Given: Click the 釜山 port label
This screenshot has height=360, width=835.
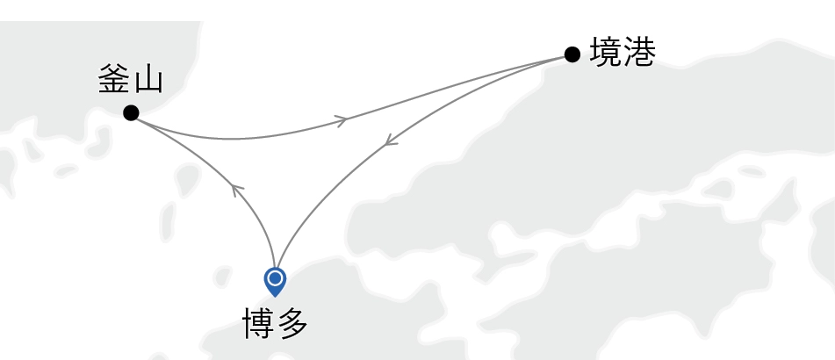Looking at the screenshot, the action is (x=131, y=82).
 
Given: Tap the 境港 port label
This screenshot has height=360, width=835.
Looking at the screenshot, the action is (x=623, y=53).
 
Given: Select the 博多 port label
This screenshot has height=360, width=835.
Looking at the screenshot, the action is (x=276, y=324).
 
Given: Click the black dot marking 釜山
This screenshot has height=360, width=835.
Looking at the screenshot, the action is (x=131, y=113).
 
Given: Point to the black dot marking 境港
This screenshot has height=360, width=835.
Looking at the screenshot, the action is (x=572, y=54).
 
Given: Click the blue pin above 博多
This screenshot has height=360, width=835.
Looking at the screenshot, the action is (x=276, y=282).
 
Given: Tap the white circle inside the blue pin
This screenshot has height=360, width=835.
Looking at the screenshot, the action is (x=276, y=277).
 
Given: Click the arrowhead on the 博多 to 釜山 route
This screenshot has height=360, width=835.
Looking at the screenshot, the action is (x=236, y=190).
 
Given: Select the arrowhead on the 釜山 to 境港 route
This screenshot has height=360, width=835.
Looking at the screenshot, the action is (x=341, y=120).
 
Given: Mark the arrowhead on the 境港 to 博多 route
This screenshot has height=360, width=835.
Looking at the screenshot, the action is (x=392, y=141).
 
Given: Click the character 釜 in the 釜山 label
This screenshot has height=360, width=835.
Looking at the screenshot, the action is (x=113, y=82).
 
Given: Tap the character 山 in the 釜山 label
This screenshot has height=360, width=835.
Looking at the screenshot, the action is (x=148, y=82).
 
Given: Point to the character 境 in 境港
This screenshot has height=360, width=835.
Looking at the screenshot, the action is (x=606, y=53).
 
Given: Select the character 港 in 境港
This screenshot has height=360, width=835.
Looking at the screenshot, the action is (x=639, y=53).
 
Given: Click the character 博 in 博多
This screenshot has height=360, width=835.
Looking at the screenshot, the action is (x=258, y=324).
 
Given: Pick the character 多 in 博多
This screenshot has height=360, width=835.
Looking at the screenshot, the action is (x=292, y=324).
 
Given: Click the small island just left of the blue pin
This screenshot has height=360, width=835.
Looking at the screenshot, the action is (x=222, y=277).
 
